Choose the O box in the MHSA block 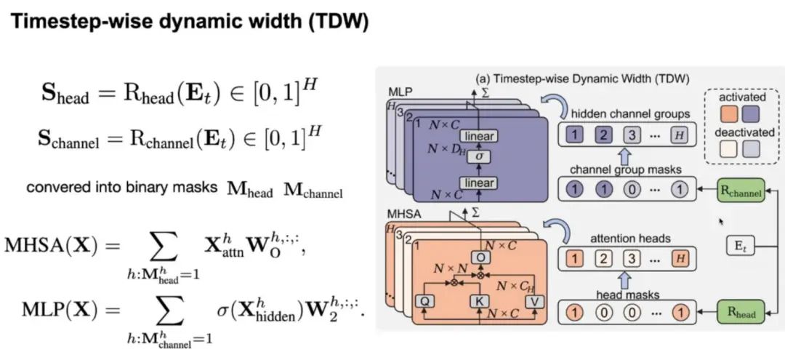click(x=480, y=257)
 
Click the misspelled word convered click(x=53, y=187)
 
